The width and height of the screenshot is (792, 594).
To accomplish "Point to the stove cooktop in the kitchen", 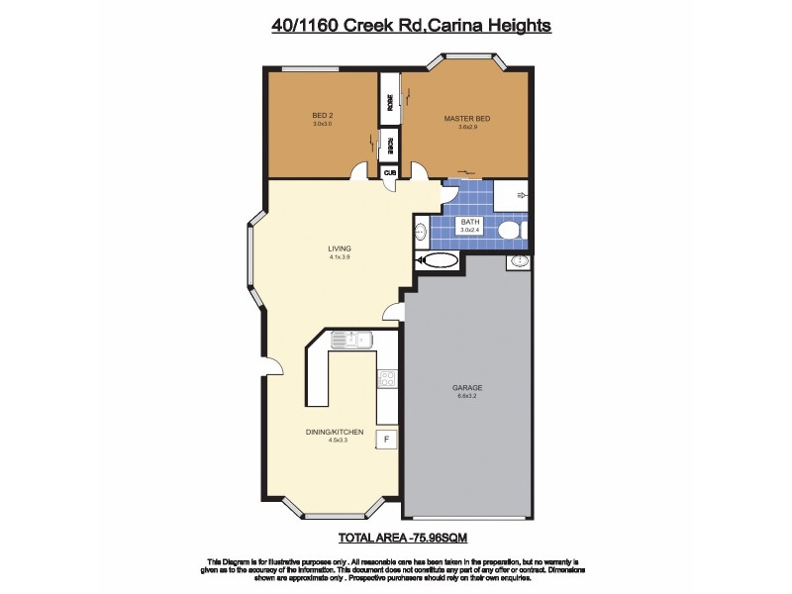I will tap(387, 377).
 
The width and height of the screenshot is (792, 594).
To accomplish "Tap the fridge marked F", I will tap(386, 438).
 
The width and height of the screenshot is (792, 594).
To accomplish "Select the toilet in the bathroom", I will tap(510, 231).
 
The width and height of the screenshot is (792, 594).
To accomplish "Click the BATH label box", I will tap(468, 225).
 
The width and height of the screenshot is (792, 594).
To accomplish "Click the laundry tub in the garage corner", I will tap(519, 261).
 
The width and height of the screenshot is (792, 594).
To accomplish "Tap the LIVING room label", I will tap(341, 248).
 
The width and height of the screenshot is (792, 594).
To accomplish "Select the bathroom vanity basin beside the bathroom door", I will tap(420, 233).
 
